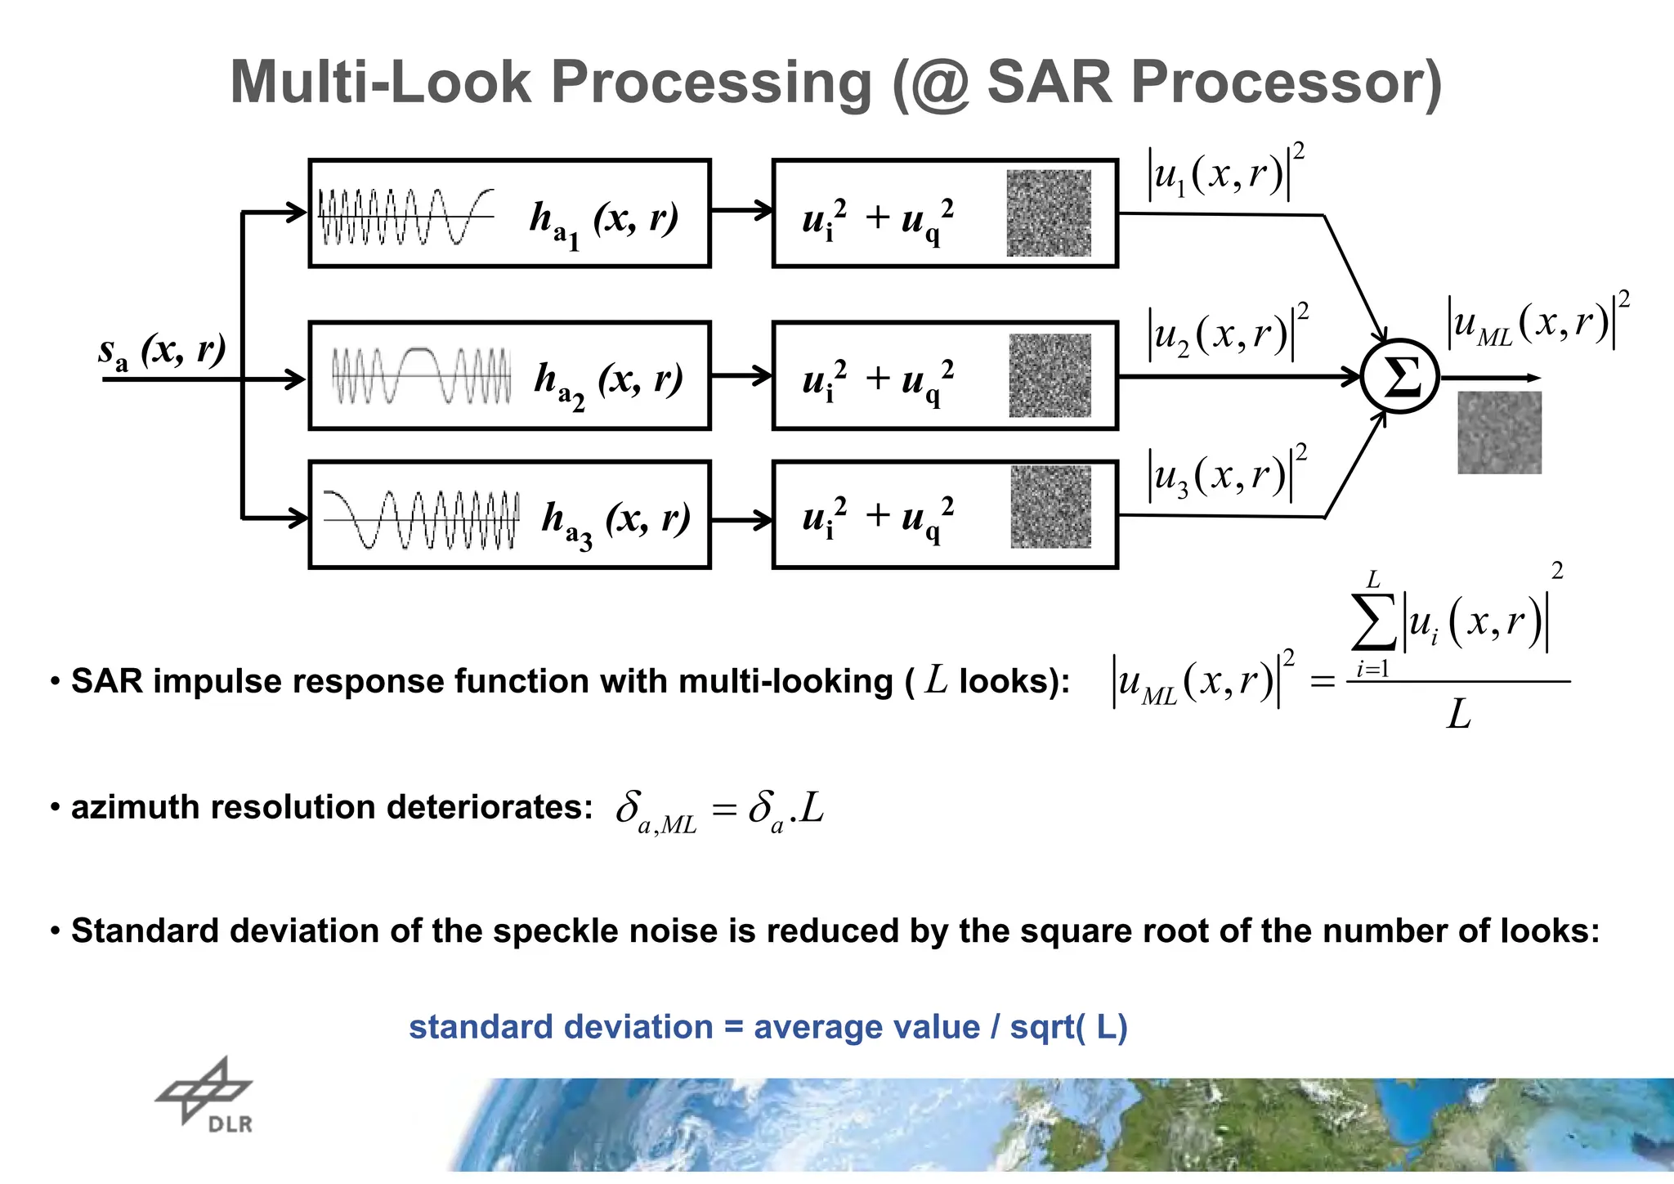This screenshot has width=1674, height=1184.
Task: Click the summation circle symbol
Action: tap(1399, 377)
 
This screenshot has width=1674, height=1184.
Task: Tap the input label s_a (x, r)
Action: tap(161, 352)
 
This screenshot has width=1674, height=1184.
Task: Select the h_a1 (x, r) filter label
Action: tap(603, 221)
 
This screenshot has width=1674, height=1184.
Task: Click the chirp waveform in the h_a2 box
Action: tap(421, 375)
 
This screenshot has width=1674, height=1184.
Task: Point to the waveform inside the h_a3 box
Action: tap(421, 518)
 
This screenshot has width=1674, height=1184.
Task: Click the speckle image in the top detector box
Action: tap(1049, 213)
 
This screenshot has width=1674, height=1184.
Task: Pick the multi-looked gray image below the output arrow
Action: tap(1499, 433)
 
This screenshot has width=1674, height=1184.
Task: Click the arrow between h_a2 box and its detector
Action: tap(741, 376)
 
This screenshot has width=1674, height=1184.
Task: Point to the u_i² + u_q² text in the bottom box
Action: tap(877, 518)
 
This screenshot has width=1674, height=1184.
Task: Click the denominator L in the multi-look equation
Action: tap(1458, 715)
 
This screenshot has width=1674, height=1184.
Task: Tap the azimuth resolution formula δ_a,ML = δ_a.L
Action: tap(719, 811)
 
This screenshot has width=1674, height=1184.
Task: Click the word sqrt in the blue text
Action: tap(1042, 1027)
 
